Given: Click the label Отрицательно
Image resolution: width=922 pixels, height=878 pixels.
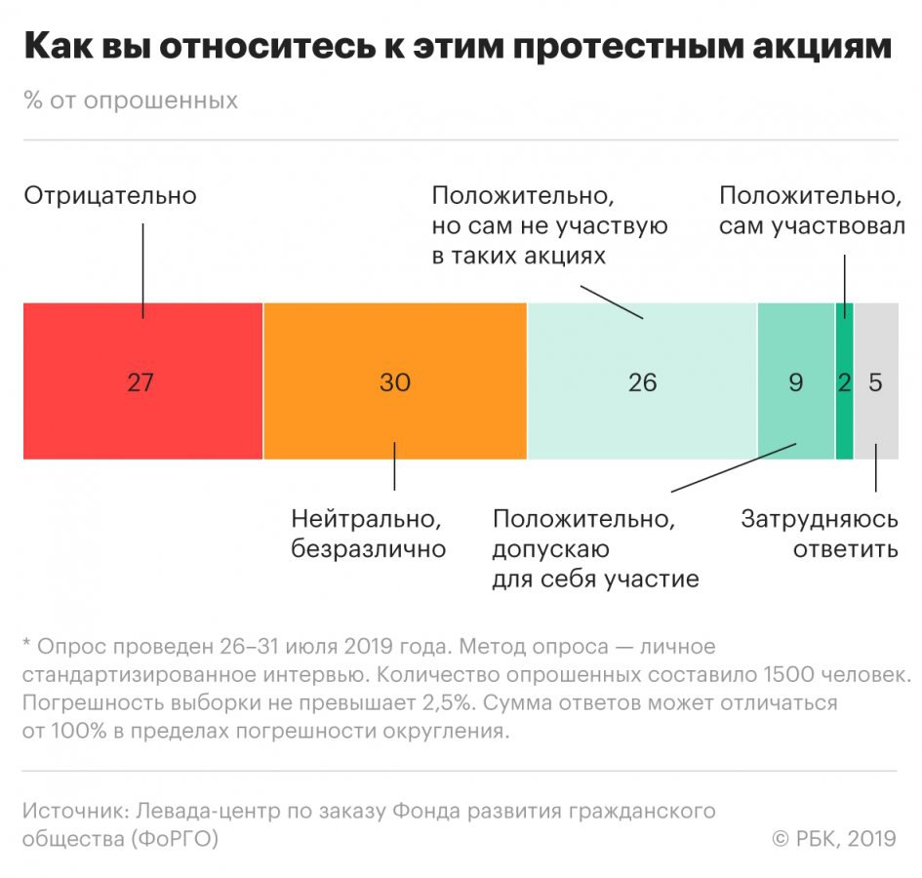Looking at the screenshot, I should [x=110, y=195].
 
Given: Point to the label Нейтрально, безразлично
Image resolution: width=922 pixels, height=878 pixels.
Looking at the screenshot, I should [x=368, y=533].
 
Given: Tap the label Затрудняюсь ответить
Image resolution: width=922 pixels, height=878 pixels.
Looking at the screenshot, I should [x=819, y=533].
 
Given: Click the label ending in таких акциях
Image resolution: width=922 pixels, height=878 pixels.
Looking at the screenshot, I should [x=549, y=226].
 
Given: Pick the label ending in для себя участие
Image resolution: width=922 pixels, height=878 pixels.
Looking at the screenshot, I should [x=595, y=548].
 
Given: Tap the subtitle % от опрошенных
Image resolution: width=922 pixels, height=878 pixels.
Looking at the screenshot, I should [x=131, y=100].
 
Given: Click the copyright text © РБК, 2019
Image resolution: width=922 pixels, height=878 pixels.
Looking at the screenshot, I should [x=833, y=838].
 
